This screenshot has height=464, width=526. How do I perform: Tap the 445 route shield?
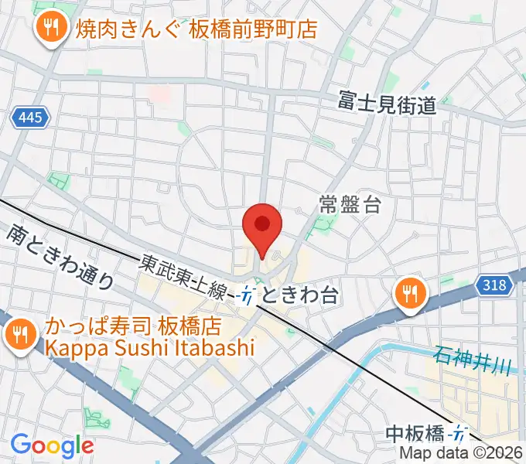click(30, 118)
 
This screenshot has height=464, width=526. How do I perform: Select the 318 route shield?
click(494, 285)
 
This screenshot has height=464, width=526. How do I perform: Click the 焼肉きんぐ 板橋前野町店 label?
click(197, 29)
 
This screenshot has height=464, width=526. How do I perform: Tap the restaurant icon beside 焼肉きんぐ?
click(52, 28)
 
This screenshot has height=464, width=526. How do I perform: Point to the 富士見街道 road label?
click(387, 101)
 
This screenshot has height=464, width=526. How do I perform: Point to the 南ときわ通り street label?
click(61, 256)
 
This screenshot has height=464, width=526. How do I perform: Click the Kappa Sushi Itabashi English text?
click(149, 348)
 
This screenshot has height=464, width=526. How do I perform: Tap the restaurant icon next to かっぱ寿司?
click(18, 335)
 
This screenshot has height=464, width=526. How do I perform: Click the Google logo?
click(52, 445)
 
